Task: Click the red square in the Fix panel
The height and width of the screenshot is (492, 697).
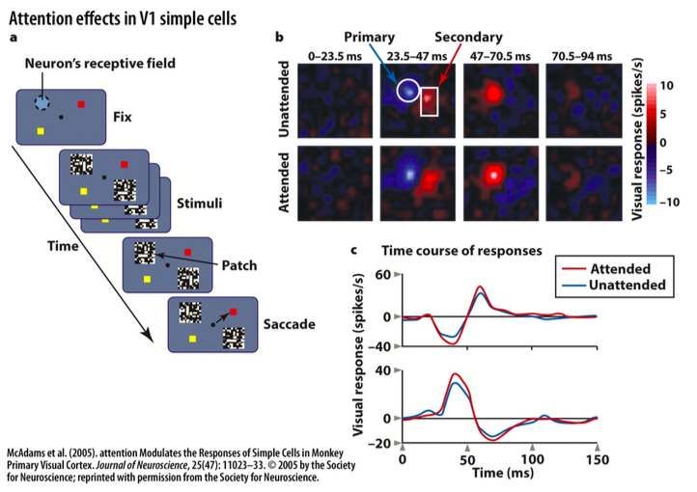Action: coord(84,103)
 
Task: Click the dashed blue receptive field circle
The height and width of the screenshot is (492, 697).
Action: coord(42,102)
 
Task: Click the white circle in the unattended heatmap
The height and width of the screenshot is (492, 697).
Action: coord(408,91)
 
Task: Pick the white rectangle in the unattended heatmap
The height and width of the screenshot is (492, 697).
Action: coord(430,100)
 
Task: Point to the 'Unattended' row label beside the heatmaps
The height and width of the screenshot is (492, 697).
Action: coord(285,99)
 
